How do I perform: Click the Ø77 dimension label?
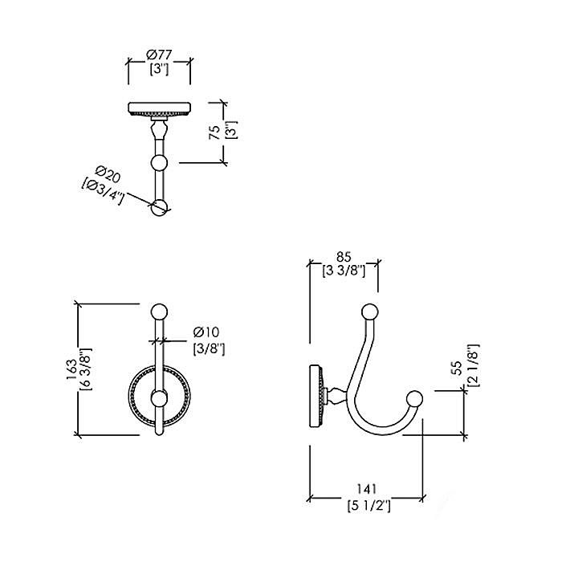(160, 55)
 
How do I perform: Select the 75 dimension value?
(214, 132)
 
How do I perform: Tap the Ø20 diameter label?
(108, 174)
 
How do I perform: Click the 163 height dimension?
(71, 369)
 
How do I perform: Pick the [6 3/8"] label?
(87, 369)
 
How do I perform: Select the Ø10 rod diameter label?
(206, 332)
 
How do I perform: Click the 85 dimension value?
(344, 257)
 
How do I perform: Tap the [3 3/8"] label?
(344, 271)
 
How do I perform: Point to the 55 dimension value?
(458, 368)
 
